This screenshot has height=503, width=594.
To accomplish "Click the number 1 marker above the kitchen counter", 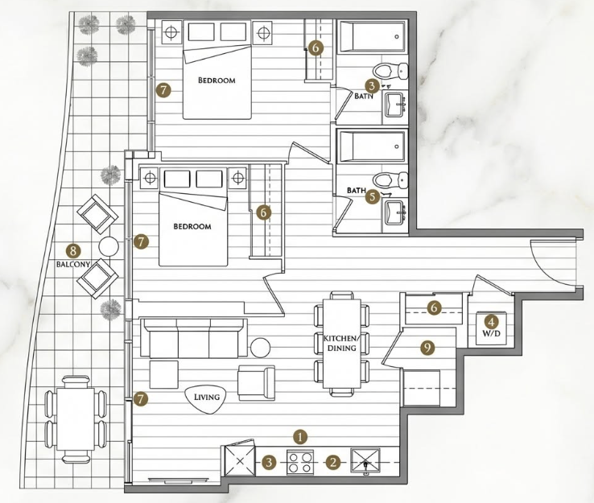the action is click(x=300, y=437).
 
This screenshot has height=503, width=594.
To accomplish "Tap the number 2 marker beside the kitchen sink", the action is click(x=333, y=462).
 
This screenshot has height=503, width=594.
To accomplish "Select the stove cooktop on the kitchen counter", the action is click(x=300, y=462).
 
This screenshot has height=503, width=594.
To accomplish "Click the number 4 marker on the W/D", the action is click(x=491, y=323).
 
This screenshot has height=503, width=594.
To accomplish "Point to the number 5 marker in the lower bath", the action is click(x=373, y=196).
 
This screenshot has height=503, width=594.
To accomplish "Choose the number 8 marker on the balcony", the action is click(x=73, y=250).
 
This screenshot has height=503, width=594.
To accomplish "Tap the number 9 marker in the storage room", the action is click(x=427, y=348).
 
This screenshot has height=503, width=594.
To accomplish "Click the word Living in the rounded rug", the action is click(x=207, y=397).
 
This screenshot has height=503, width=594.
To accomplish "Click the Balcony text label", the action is click(x=73, y=264).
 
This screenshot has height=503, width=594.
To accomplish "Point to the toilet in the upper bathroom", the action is click(x=390, y=70).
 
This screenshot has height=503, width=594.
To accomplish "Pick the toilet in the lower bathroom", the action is click(x=390, y=179).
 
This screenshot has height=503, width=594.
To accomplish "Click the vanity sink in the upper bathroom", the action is click(x=396, y=105).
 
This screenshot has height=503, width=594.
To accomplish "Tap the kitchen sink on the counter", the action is click(x=365, y=461).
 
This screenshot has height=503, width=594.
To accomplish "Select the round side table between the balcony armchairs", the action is click(x=109, y=246).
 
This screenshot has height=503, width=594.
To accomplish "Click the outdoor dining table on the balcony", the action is click(x=76, y=419).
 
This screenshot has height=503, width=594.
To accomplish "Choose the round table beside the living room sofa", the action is click(x=260, y=348).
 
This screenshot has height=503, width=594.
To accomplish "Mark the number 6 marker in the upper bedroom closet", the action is click(x=316, y=47).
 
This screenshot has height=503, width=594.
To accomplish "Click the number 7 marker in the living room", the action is click(x=141, y=398).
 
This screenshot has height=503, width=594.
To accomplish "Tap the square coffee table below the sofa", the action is click(x=164, y=374).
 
